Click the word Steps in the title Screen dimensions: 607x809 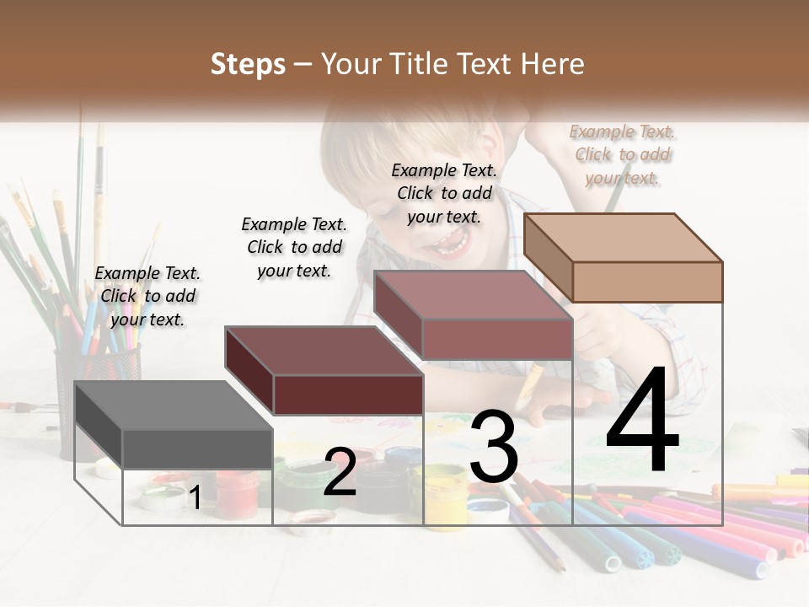tap(248, 64)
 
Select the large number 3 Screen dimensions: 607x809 tap(494, 447)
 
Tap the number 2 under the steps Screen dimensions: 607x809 tap(340, 472)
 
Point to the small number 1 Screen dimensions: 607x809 tap(195, 497)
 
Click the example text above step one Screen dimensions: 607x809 tap(147, 296)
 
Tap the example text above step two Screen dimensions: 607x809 tap(294, 247)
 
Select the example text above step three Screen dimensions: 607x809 tap(444, 193)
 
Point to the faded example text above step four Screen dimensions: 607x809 tap(623, 154)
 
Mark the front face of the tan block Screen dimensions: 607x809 tap(647, 282)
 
